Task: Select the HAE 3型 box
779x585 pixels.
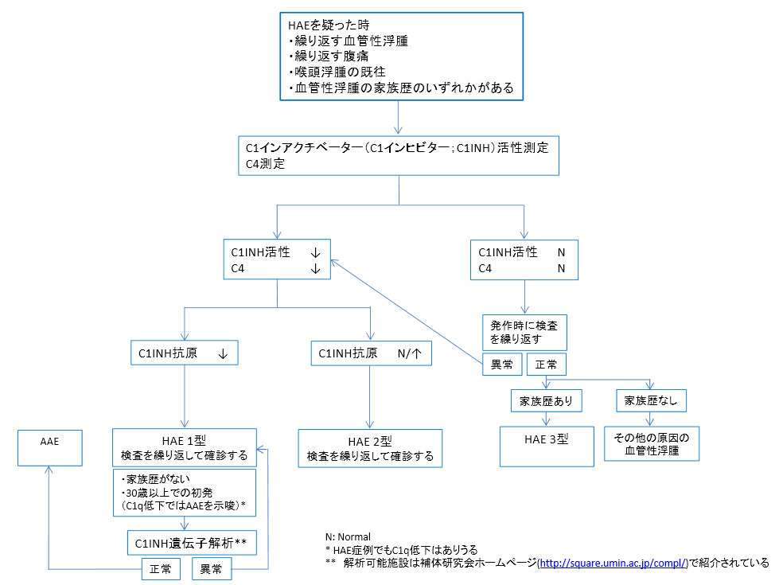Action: (x=546, y=446)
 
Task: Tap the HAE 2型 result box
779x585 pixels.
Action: (x=370, y=449)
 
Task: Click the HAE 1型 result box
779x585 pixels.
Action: (x=184, y=448)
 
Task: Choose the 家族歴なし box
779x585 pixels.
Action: (x=652, y=400)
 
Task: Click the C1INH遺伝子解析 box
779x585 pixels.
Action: (x=189, y=543)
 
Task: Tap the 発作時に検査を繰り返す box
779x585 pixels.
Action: (x=524, y=332)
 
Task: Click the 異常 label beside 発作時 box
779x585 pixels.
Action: (x=501, y=365)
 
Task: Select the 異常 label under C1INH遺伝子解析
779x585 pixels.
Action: (x=210, y=570)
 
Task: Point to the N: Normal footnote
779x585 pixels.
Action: (x=348, y=536)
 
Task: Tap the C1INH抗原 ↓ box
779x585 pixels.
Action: (x=184, y=353)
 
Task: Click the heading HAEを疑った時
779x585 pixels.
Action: (x=324, y=25)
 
